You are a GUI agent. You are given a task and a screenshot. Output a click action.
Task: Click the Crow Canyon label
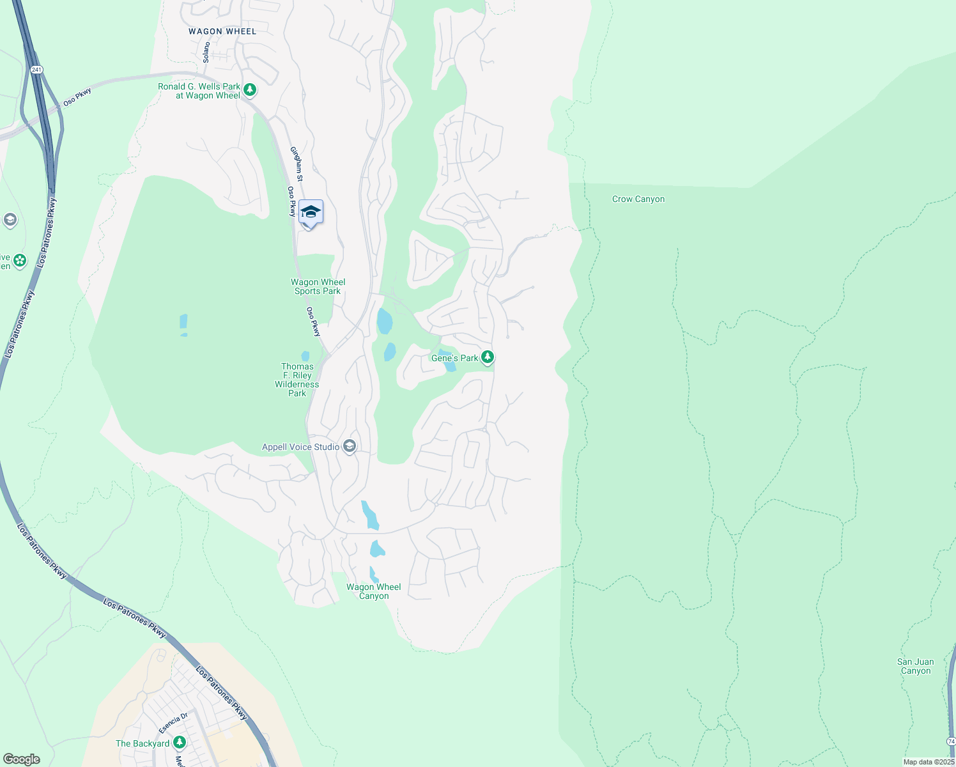[638, 199]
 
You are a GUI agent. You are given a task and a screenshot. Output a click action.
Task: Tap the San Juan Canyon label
[915, 666]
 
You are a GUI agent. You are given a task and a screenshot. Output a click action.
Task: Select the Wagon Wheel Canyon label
[374, 591]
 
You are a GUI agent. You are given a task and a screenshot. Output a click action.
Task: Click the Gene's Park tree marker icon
[488, 357]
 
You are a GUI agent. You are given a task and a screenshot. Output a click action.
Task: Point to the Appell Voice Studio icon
[350, 446]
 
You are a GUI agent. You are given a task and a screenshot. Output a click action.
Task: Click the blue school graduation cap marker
[311, 213]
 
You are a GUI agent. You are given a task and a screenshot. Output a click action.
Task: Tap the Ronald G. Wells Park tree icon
[250, 90]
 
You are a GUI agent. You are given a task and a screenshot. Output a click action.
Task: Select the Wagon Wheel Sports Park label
[318, 286]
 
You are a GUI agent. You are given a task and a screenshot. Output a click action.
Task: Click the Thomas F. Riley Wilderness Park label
[297, 380]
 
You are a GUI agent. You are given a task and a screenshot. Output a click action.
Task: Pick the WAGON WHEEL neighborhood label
[222, 31]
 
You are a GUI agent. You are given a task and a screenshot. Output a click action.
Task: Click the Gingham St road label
[297, 164]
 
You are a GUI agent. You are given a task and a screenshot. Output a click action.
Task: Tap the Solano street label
[206, 52]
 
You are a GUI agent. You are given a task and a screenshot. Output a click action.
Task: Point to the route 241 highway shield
[36, 69]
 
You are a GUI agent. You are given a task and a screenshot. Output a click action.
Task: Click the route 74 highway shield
[951, 741]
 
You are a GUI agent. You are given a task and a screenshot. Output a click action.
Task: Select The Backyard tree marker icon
[180, 742]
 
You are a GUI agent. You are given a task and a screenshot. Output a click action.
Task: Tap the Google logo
[22, 759]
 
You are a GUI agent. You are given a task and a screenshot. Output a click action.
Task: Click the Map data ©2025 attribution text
[929, 762]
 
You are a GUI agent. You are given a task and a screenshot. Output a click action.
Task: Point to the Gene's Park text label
[454, 358]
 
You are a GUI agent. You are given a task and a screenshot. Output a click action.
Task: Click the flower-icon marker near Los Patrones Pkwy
[20, 260]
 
